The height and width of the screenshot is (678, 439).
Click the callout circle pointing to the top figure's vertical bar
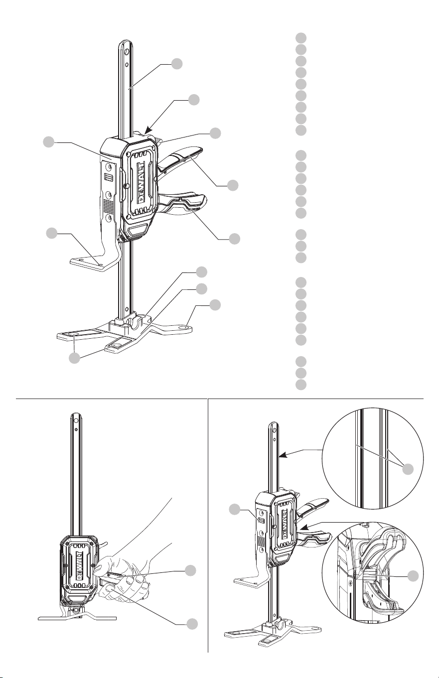click(x=177, y=64)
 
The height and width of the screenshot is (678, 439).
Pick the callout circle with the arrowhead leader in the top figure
click(x=194, y=100)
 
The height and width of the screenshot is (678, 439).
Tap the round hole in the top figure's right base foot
click(x=183, y=328)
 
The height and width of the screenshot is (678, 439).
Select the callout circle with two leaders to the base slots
click(x=74, y=358)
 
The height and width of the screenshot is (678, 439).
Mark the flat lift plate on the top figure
click(x=91, y=263)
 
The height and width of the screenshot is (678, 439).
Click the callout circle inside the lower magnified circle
click(x=413, y=576)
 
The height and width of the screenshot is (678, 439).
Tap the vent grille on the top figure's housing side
click(x=109, y=206)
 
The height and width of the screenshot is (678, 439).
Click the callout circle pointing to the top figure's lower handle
click(x=235, y=239)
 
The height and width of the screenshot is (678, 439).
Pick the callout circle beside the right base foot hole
click(x=215, y=305)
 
